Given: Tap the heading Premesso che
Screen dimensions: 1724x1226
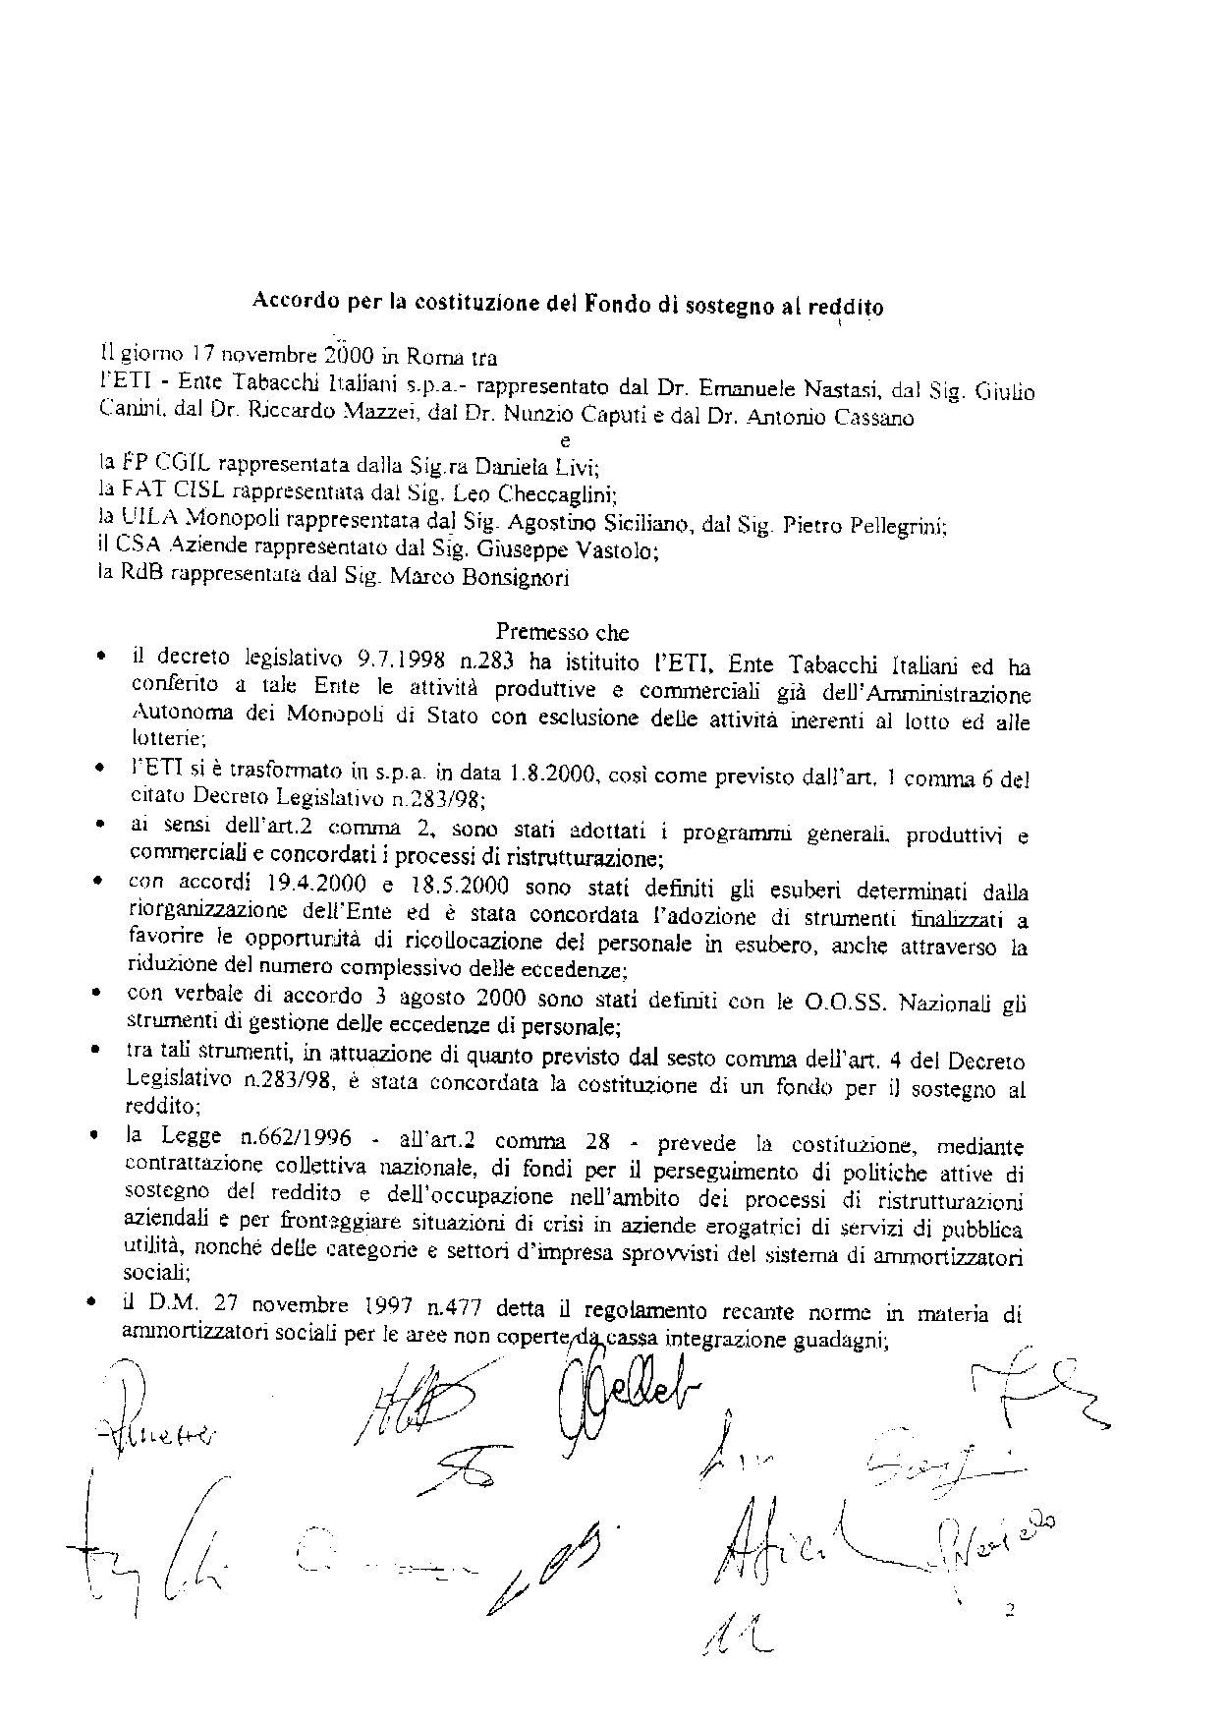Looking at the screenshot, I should [562, 632].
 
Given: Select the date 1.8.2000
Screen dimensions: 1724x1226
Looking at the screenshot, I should [544, 775].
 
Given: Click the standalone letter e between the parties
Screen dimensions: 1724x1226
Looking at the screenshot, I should [564, 441].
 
